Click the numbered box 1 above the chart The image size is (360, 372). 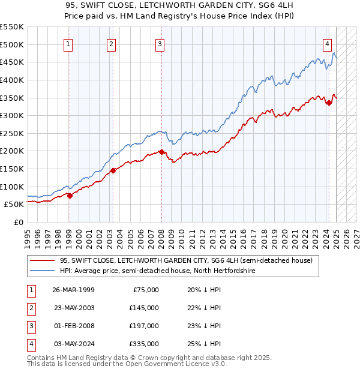[x=68, y=43]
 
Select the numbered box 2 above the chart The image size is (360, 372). [x=112, y=43]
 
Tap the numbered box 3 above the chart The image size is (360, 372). [x=161, y=43]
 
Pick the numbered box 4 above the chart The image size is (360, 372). [x=328, y=43]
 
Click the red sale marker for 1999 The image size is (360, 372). [x=70, y=195]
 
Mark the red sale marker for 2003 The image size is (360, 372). [x=113, y=170]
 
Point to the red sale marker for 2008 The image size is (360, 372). [x=161, y=152]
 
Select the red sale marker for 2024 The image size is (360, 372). [x=329, y=103]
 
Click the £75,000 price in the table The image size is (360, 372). [x=146, y=290]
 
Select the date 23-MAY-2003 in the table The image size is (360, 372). [x=74, y=308]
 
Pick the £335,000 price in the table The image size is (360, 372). [x=144, y=344]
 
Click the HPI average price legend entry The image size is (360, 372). [x=158, y=271]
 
